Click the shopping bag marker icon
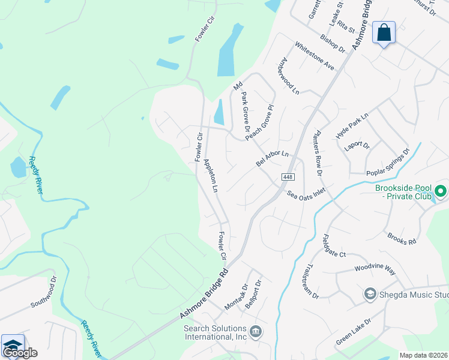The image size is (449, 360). pyautogui.click(x=384, y=32)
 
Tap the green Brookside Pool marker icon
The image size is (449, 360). pyautogui.click(x=441, y=192)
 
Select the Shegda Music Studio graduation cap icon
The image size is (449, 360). pyautogui.click(x=370, y=294)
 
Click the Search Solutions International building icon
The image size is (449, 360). pyautogui.click(x=255, y=331)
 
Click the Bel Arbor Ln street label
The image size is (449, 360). pyautogui.click(x=273, y=158)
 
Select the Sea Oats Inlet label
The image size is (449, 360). pyautogui.click(x=306, y=194)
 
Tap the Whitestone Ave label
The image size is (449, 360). pyautogui.click(x=314, y=56)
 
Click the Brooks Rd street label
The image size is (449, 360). pyautogui.click(x=402, y=239)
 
